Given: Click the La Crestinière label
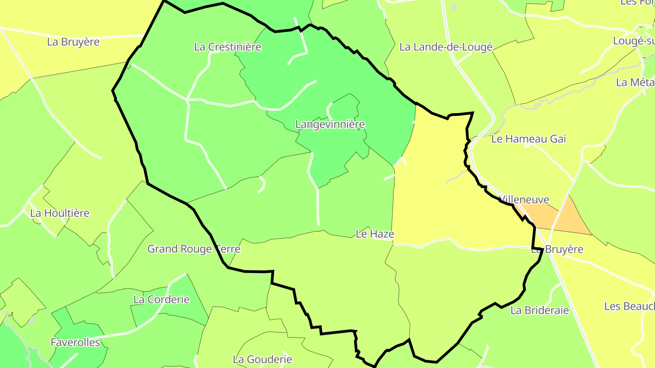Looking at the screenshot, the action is click(x=227, y=47).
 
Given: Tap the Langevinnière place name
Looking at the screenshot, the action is click(x=330, y=124).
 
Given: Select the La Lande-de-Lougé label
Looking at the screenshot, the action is click(x=446, y=47).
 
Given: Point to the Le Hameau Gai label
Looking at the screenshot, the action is click(x=529, y=139).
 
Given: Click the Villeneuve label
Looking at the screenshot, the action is click(x=524, y=200).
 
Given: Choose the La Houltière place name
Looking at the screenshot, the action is click(x=60, y=213).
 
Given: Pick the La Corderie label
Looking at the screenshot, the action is click(x=161, y=300).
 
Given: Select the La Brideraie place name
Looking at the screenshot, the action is click(x=539, y=310).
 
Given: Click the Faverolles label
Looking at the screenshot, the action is click(x=76, y=342).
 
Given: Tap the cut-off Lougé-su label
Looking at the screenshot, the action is click(x=634, y=41).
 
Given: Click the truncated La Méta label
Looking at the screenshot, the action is click(x=635, y=83).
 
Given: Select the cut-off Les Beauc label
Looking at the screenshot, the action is click(x=629, y=306).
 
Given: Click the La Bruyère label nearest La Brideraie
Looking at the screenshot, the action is click(x=557, y=250).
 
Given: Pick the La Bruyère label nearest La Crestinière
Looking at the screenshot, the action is click(x=73, y=42).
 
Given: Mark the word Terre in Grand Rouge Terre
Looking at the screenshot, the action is click(x=227, y=249).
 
